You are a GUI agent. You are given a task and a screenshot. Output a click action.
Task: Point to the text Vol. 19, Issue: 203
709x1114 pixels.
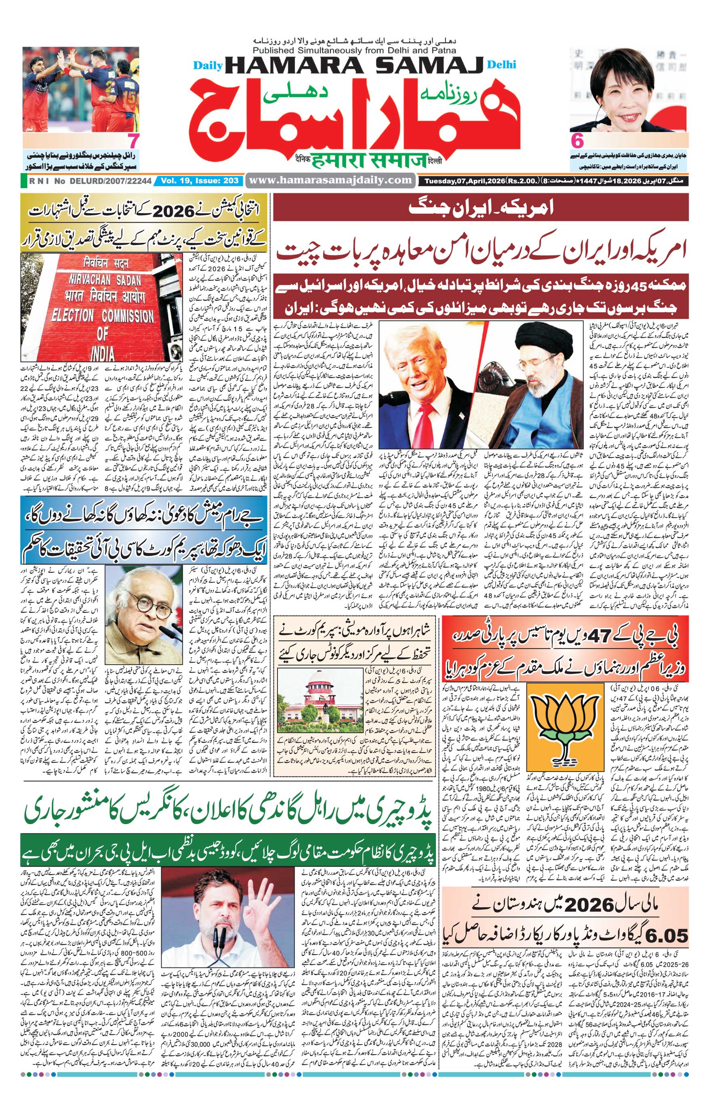(200, 180)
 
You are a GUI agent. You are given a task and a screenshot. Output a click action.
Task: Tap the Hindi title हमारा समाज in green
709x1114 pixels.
(368, 161)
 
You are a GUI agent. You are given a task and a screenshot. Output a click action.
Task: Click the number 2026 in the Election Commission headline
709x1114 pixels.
(174, 212)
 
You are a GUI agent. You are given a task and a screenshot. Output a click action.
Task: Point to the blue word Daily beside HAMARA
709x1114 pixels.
(208, 66)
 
